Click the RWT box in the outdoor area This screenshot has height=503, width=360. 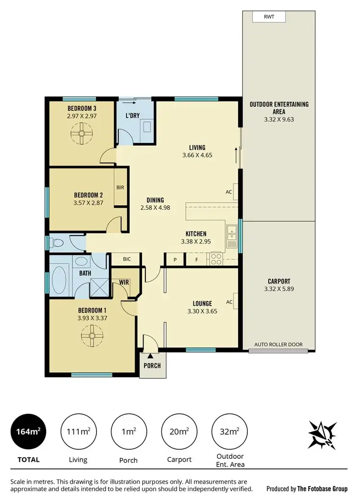click(269, 17)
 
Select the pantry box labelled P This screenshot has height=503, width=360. click(175, 259)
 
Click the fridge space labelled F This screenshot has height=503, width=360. click(196, 259)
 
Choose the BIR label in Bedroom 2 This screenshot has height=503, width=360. click(120, 187)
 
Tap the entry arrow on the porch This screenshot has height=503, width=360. click(150, 356)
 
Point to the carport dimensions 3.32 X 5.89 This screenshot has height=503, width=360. click(277, 289)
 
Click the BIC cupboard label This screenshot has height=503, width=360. click(127, 259)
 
